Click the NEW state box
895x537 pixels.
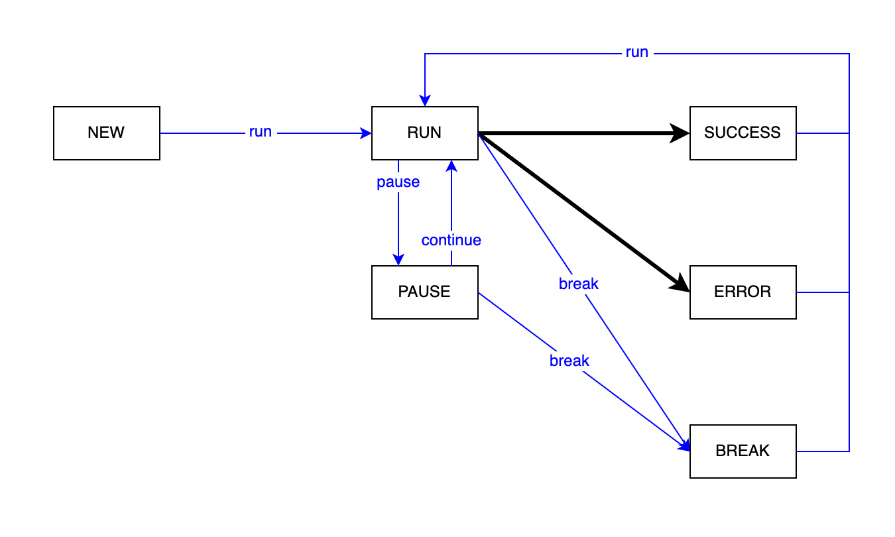pos(106,133)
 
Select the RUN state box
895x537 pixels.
pos(424,133)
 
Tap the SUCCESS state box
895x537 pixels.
pos(743,133)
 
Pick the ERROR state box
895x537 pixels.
pos(743,292)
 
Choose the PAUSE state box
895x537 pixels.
pos(424,292)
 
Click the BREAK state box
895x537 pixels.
pos(743,451)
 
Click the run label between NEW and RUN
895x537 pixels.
pos(261,132)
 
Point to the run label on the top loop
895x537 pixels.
pos(636,52)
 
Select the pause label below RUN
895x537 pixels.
pos(398,182)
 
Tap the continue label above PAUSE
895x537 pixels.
pos(451,240)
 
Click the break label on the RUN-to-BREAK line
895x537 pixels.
pos(578,284)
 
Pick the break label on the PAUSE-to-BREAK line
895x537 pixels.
pos(569,361)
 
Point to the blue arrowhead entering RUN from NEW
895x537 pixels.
pos(366,133)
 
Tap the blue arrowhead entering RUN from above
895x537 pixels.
pos(424,101)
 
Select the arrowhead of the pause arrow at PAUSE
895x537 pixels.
pos(398,260)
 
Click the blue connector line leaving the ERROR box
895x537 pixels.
pos(822,292)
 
